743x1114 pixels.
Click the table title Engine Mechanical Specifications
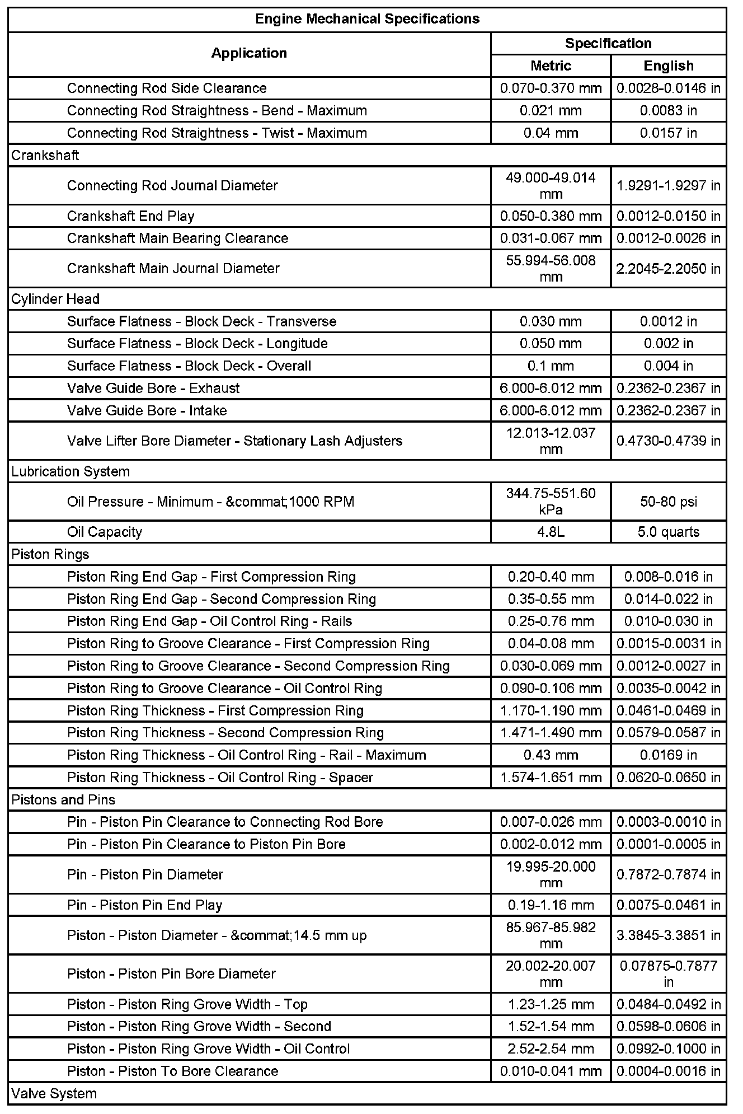(367, 19)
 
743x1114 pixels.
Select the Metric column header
(551, 65)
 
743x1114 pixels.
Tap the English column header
(668, 65)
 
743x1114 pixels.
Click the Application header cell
(249, 53)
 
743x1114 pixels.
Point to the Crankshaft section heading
(45, 156)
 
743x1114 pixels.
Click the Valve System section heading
(54, 1093)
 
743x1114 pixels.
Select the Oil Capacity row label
(105, 532)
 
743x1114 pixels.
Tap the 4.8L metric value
(551, 532)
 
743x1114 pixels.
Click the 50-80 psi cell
(668, 502)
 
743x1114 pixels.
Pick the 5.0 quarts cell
(668, 532)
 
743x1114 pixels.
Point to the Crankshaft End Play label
(131, 216)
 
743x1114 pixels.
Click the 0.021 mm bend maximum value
(551, 111)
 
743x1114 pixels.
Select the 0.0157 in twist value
(668, 133)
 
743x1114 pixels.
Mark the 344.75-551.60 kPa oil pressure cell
(551, 502)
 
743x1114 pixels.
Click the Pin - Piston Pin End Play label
(145, 905)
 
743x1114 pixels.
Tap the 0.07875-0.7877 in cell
(668, 974)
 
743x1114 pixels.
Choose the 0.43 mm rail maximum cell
(551, 755)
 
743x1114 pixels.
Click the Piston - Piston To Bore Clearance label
(173, 1071)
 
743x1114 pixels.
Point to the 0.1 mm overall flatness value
(551, 366)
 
